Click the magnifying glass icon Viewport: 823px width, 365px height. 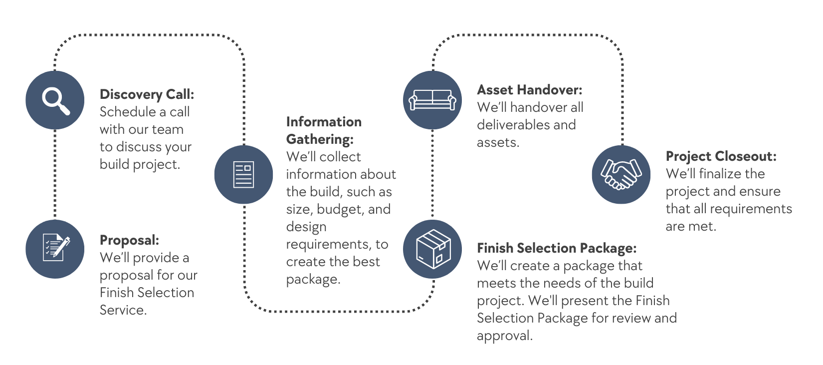(x=55, y=100)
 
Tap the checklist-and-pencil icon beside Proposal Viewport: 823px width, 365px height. (x=55, y=249)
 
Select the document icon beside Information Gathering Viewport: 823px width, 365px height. (x=243, y=174)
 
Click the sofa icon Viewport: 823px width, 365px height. (x=432, y=100)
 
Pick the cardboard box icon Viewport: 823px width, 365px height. (x=432, y=249)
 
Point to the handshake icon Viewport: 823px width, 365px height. (x=621, y=174)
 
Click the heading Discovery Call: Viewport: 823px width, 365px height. (x=147, y=94)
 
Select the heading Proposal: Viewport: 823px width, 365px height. (x=129, y=240)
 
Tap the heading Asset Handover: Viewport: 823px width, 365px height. (x=529, y=90)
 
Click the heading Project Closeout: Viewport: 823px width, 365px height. (x=721, y=156)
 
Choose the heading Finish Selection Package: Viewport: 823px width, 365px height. (x=557, y=248)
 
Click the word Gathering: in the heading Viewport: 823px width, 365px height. (x=320, y=139)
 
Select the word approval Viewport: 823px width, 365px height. (x=504, y=336)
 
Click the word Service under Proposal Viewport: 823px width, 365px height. (x=123, y=310)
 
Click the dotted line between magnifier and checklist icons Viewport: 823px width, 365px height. (x=55, y=175)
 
